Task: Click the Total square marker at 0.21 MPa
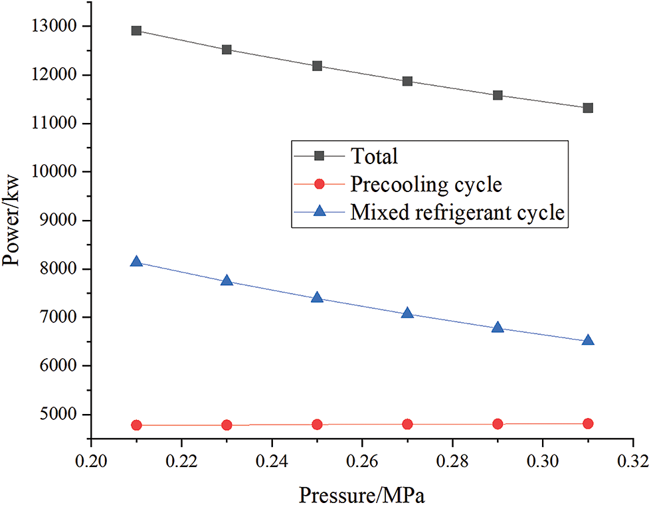[x=136, y=31]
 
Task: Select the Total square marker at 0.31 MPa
[x=588, y=108]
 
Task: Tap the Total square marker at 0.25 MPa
[x=317, y=66]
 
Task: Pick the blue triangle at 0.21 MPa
[x=136, y=262]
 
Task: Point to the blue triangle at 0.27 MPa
[x=407, y=313]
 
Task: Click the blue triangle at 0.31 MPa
[x=588, y=340]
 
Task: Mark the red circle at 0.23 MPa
[x=227, y=425]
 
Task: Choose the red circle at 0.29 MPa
[x=498, y=424]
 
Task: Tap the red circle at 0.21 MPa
[x=136, y=425]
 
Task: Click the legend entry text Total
[x=374, y=156]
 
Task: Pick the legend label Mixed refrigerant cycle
[x=457, y=212]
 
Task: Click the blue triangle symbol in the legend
[x=319, y=211]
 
